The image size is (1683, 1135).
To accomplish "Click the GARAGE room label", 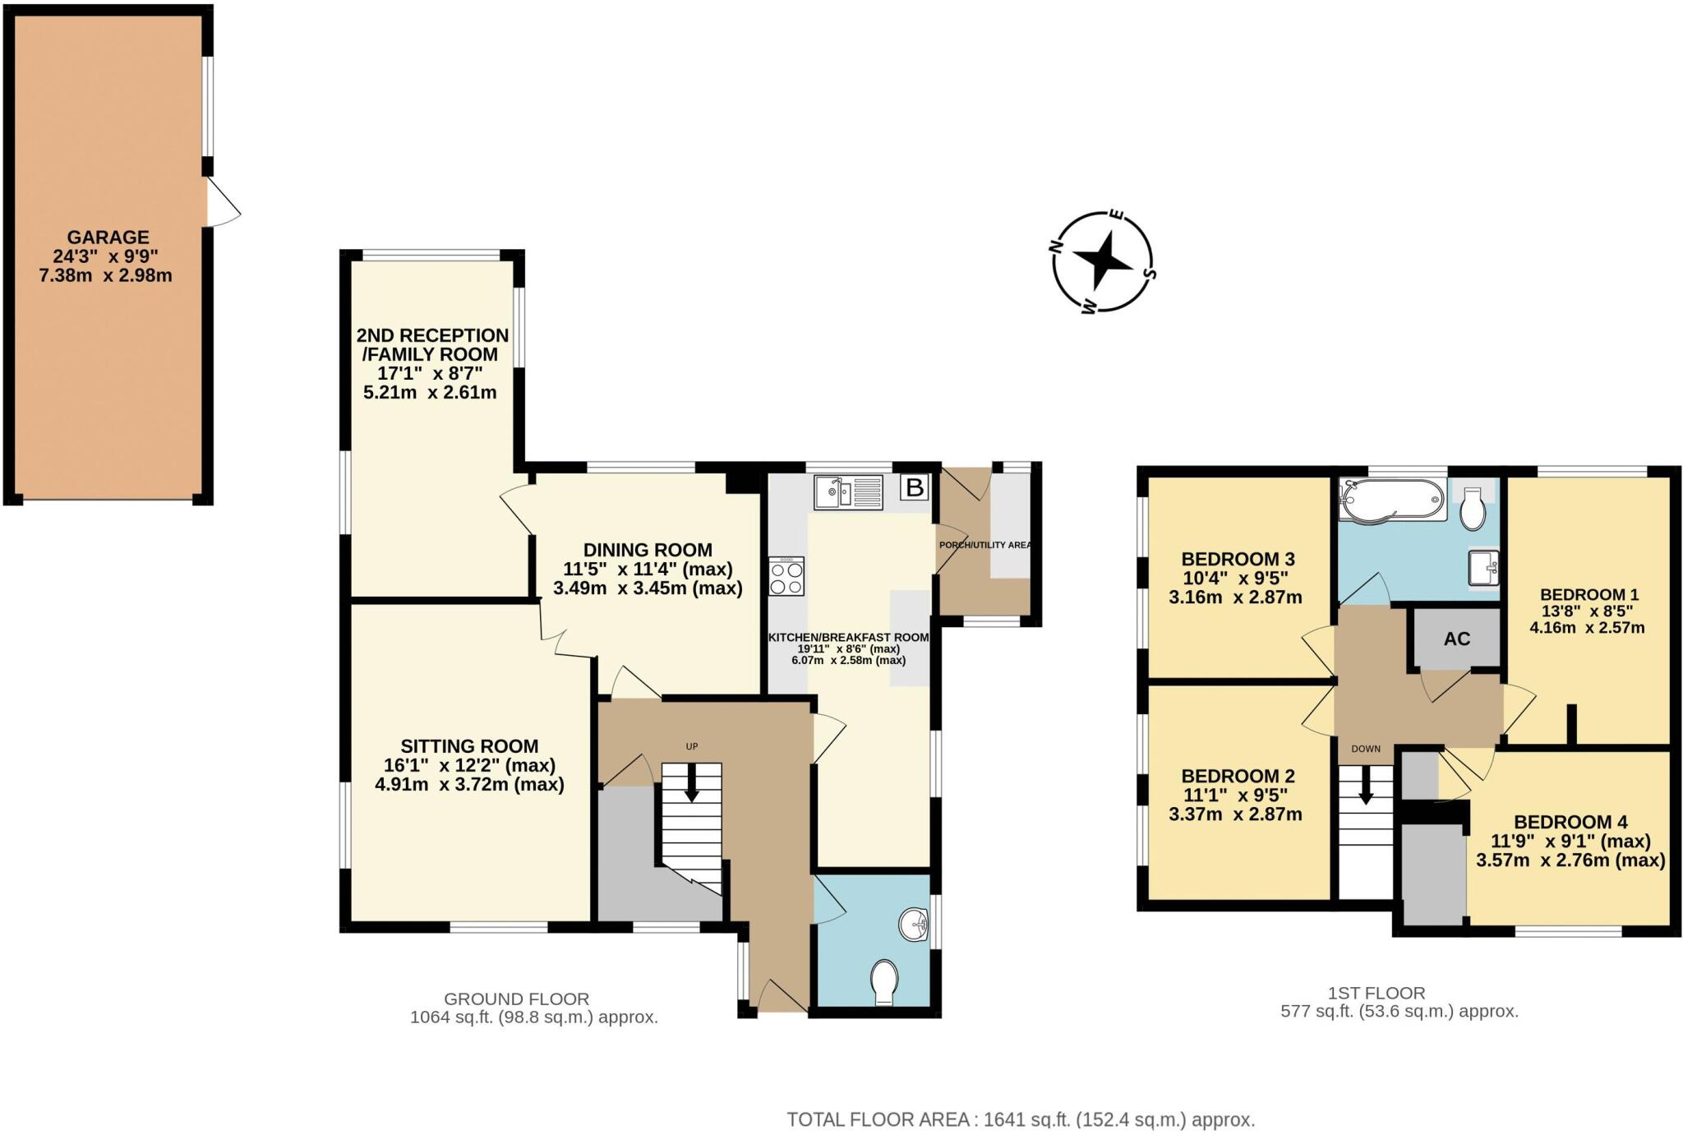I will (108, 238).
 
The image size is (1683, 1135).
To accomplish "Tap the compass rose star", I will (1104, 262).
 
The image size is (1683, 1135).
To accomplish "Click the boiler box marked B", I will (914, 488).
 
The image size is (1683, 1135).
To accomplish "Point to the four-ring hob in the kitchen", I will (786, 576).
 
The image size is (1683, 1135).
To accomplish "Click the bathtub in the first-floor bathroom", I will (1391, 500).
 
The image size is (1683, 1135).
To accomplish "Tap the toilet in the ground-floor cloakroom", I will (885, 980).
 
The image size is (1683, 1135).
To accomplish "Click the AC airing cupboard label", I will (1456, 639).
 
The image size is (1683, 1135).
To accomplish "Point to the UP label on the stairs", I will (692, 746).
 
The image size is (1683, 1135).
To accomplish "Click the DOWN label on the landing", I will (1366, 749).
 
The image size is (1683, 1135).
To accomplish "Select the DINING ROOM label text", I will (648, 550).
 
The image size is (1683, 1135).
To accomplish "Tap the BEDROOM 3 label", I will (1235, 559).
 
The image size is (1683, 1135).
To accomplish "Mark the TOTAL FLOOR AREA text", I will (1021, 1119).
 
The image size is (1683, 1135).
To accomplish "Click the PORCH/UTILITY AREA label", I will (985, 545).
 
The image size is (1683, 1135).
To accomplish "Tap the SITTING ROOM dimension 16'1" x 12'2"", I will (469, 765).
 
